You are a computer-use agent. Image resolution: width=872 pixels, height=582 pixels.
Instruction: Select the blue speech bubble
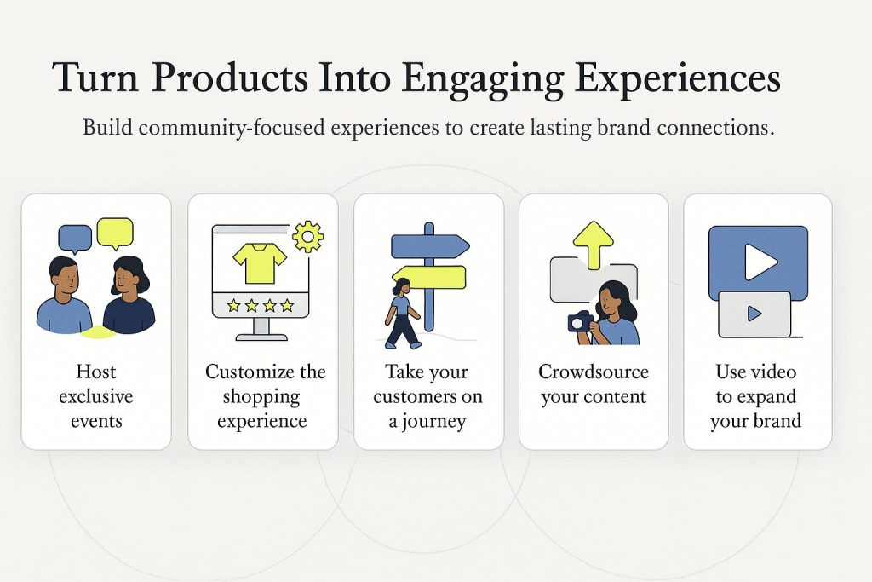75,238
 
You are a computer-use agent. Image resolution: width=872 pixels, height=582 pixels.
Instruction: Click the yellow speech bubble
115,232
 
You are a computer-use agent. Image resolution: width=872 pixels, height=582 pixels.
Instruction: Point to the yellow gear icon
307,237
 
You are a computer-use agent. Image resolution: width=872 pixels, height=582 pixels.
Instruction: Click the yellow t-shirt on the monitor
260,262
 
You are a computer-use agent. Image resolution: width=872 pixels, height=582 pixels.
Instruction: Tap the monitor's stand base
261,337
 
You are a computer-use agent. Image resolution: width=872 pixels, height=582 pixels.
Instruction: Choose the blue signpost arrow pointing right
430,246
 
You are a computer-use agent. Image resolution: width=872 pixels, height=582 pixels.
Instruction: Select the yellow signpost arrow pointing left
429,277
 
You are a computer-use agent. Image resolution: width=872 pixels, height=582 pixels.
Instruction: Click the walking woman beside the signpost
402,314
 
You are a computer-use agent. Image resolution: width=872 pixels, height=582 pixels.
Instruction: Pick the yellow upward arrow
594,245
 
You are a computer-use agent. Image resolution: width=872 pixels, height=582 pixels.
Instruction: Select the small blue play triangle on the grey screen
754,314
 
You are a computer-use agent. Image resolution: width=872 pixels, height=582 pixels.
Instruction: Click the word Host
96,372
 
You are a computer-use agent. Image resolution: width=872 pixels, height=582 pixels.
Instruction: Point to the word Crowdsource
594,372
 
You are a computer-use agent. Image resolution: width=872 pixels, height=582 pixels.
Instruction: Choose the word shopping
261,398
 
